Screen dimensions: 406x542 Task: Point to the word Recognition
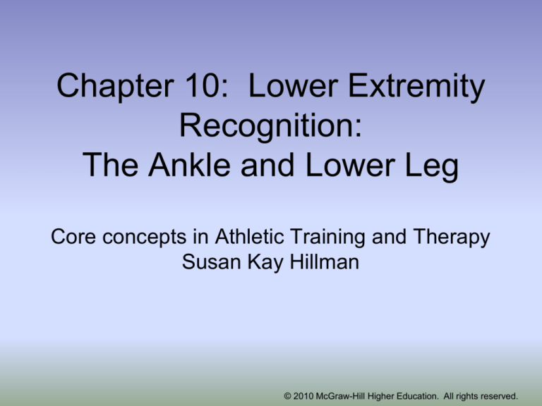[271, 126]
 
